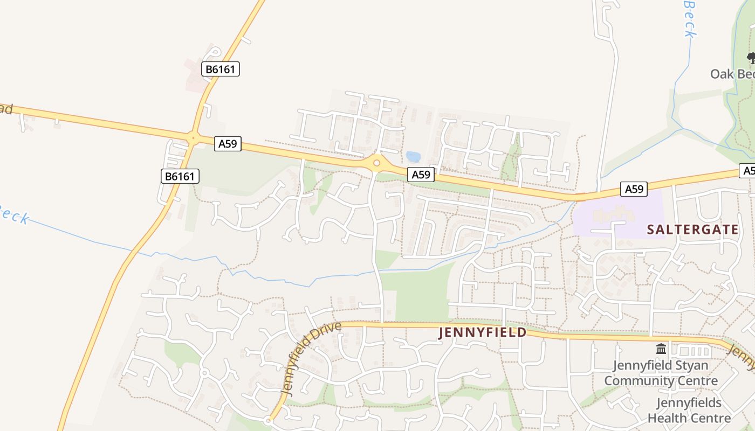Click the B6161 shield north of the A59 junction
(x=221, y=69)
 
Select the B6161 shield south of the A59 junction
(x=180, y=176)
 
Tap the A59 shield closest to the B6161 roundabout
(x=228, y=144)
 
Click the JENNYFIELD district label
(x=483, y=332)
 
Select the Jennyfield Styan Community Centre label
(x=661, y=373)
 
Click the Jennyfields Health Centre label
(x=689, y=410)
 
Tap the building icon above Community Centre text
(x=661, y=349)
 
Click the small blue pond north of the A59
(x=414, y=157)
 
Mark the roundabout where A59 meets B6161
(x=193, y=138)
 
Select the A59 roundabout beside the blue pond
(x=376, y=163)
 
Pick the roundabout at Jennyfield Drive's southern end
(x=268, y=421)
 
